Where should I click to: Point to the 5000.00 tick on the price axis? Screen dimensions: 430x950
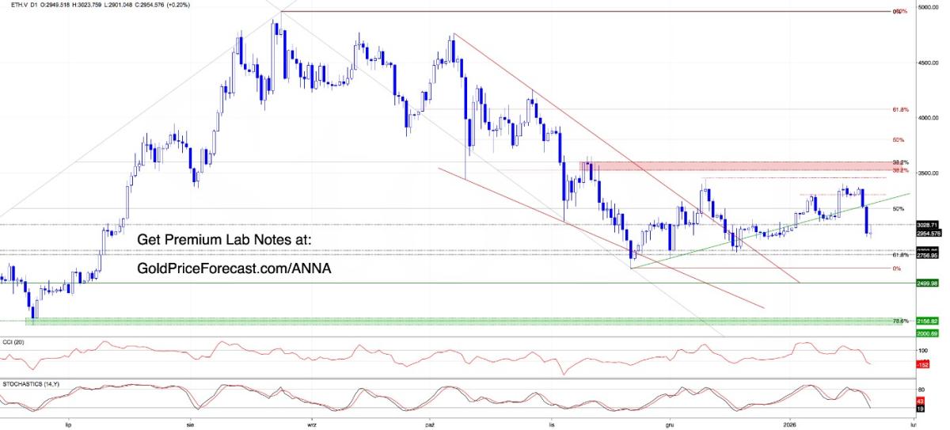click(x=927, y=7)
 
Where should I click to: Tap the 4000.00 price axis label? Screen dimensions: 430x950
click(x=927, y=117)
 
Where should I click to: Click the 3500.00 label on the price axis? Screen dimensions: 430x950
click(x=927, y=173)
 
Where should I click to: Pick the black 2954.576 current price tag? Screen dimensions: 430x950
click(x=928, y=234)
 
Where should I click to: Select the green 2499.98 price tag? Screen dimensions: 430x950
click(x=927, y=283)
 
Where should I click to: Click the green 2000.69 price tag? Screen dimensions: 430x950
click(x=927, y=333)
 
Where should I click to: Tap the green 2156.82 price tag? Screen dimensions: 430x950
click(x=927, y=321)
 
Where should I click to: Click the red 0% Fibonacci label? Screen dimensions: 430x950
click(x=897, y=268)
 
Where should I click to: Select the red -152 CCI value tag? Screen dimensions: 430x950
click(x=921, y=364)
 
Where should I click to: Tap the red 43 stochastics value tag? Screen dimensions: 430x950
click(x=920, y=401)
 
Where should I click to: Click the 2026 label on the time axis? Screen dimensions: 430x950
click(x=789, y=424)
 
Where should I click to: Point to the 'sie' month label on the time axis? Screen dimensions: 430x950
click(x=190, y=424)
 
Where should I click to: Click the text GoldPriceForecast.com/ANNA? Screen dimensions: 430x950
click(x=234, y=269)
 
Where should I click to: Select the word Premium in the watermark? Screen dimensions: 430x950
click(x=203, y=240)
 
